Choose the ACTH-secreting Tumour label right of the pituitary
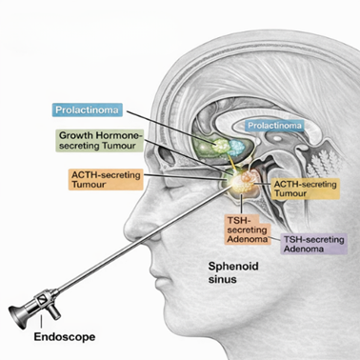299,188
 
